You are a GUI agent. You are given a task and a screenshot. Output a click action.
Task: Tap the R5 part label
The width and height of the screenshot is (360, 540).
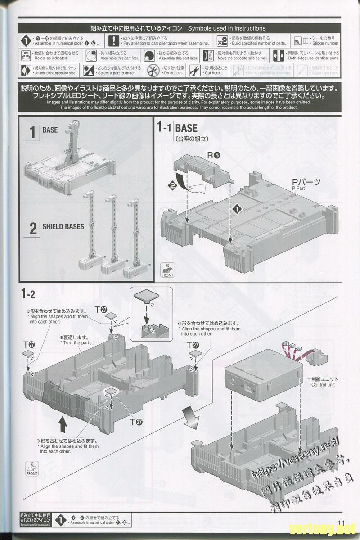point(213,155)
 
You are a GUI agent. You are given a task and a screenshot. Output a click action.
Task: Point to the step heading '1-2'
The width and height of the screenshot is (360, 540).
point(27,294)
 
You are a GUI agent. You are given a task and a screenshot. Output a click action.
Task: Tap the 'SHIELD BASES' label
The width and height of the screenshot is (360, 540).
point(63,226)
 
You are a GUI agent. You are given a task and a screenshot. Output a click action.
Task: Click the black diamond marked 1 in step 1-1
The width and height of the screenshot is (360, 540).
point(237,209)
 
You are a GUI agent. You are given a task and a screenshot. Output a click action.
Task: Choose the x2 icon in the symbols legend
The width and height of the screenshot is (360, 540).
point(221,40)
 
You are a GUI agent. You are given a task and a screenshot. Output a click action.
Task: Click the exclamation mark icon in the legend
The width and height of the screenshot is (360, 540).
point(116,40)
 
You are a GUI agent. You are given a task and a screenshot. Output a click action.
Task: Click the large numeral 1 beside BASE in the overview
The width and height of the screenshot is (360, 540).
point(32,132)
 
